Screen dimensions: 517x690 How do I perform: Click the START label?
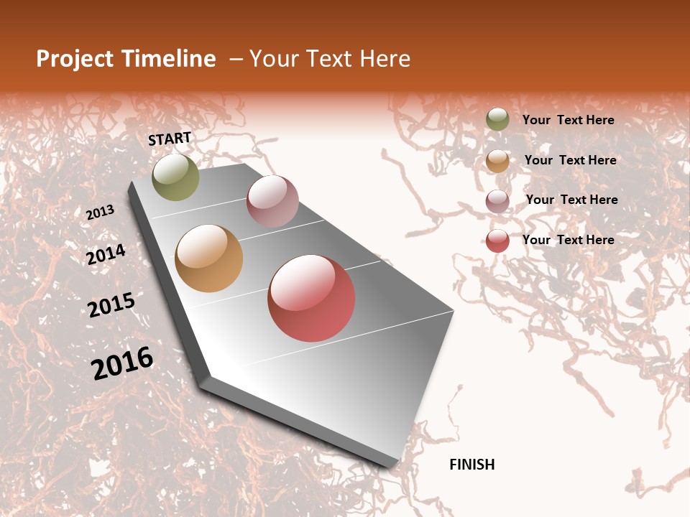point(170,139)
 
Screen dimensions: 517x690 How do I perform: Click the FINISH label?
point(472,465)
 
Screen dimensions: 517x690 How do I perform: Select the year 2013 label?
point(100,213)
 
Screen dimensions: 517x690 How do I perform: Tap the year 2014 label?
point(106,254)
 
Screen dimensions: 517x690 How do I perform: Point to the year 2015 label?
point(111,304)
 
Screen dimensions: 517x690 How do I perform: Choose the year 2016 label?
point(122,363)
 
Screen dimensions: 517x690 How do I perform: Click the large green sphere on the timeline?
point(175,177)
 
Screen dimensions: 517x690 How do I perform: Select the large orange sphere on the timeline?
point(208,258)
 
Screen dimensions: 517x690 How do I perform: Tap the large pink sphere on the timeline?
point(272,201)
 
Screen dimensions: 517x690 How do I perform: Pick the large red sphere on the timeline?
point(311,298)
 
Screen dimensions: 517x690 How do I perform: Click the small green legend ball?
point(497,119)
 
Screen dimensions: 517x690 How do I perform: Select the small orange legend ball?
point(497,161)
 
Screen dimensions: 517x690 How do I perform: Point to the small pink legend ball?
point(497,201)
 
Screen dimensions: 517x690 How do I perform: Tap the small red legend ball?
point(497,241)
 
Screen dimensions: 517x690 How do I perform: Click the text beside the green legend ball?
point(568,120)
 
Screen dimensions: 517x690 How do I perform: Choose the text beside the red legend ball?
point(568,240)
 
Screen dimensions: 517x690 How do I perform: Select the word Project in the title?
point(75,59)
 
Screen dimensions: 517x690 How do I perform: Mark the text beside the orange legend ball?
point(570,160)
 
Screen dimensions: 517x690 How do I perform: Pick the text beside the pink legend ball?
point(571,200)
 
